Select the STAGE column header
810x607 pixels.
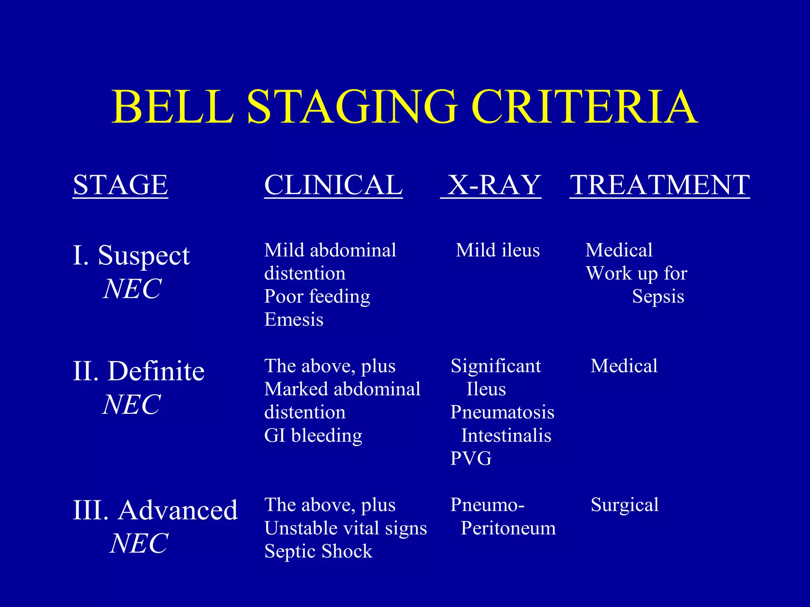(121, 185)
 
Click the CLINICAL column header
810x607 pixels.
(333, 185)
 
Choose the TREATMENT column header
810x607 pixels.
(659, 185)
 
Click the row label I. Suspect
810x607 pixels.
(131, 256)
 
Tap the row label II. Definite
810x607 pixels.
(138, 371)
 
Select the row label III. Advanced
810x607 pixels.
(155, 510)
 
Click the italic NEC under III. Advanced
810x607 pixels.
(139, 543)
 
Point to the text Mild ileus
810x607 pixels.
(498, 250)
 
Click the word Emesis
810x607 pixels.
(294, 319)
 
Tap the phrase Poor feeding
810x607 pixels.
(317, 297)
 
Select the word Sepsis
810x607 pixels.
(658, 297)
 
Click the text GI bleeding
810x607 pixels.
(313, 435)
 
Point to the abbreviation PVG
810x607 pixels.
(471, 458)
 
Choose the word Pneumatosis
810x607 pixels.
(502, 412)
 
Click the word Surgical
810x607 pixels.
(625, 505)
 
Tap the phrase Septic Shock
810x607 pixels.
(318, 551)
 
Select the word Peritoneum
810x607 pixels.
(508, 528)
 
